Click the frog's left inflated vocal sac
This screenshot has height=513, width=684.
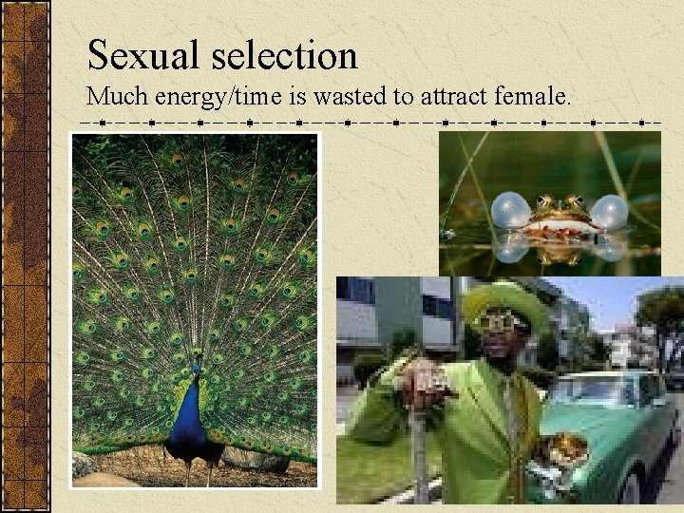coord(510,211)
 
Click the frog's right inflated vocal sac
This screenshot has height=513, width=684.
coord(609,212)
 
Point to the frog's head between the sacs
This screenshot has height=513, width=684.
coord(560,211)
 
